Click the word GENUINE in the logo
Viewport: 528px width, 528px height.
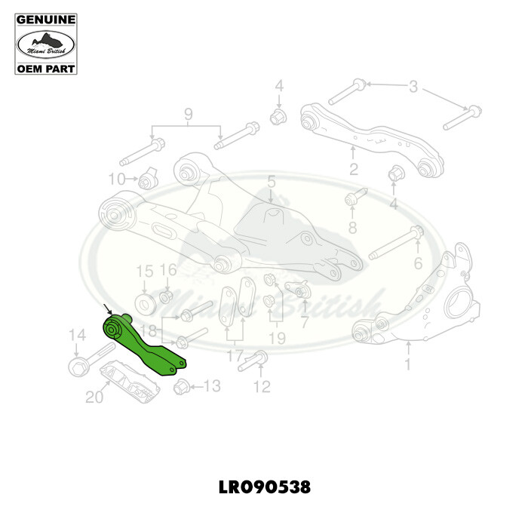coord(46,18)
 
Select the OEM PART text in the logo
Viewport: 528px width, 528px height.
coord(46,69)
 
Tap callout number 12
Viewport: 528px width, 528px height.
coord(262,388)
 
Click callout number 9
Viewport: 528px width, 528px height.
coord(189,115)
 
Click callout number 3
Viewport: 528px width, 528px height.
coord(413,87)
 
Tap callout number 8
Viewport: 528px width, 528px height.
coord(352,227)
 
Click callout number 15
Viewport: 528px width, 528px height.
coord(143,272)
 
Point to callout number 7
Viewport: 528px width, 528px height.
coord(305,322)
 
